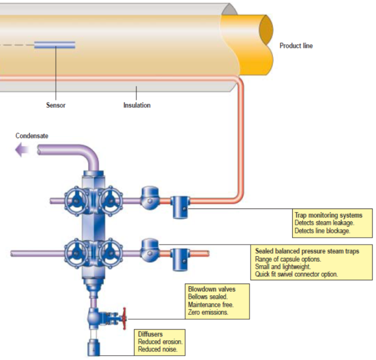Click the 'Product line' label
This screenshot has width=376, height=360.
(296, 46)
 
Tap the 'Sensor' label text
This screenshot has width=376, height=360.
(55, 105)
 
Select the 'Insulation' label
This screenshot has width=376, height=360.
(137, 105)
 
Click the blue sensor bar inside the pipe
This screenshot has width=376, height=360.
(54, 45)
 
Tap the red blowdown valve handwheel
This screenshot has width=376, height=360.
(125, 319)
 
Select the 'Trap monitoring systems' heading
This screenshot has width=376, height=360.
(328, 215)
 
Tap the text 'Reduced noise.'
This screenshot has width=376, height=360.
(158, 350)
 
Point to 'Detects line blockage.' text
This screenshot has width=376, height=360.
(322, 231)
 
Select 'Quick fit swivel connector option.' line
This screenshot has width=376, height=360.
(296, 274)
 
